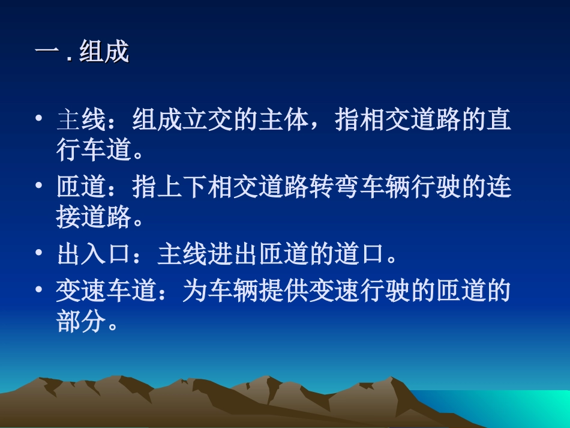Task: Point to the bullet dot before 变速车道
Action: (39, 291)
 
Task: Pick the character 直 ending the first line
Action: (499, 120)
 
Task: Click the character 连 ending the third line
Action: (499, 188)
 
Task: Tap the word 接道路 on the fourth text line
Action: (93, 219)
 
